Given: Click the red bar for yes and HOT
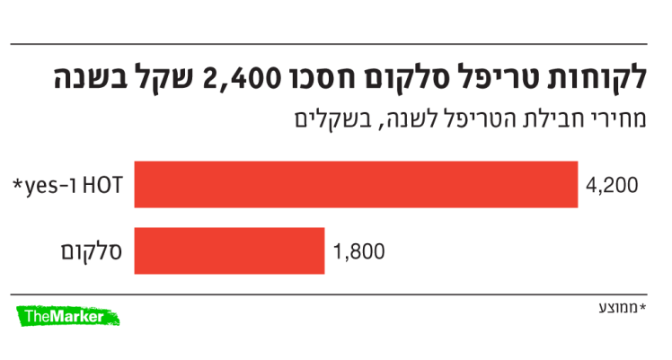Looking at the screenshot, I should click(x=356, y=185).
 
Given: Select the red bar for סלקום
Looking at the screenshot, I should click(x=229, y=250).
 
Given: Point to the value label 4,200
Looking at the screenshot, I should click(x=611, y=186).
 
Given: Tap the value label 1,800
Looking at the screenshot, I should click(x=358, y=251).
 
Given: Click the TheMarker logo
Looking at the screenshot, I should click(x=68, y=315).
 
